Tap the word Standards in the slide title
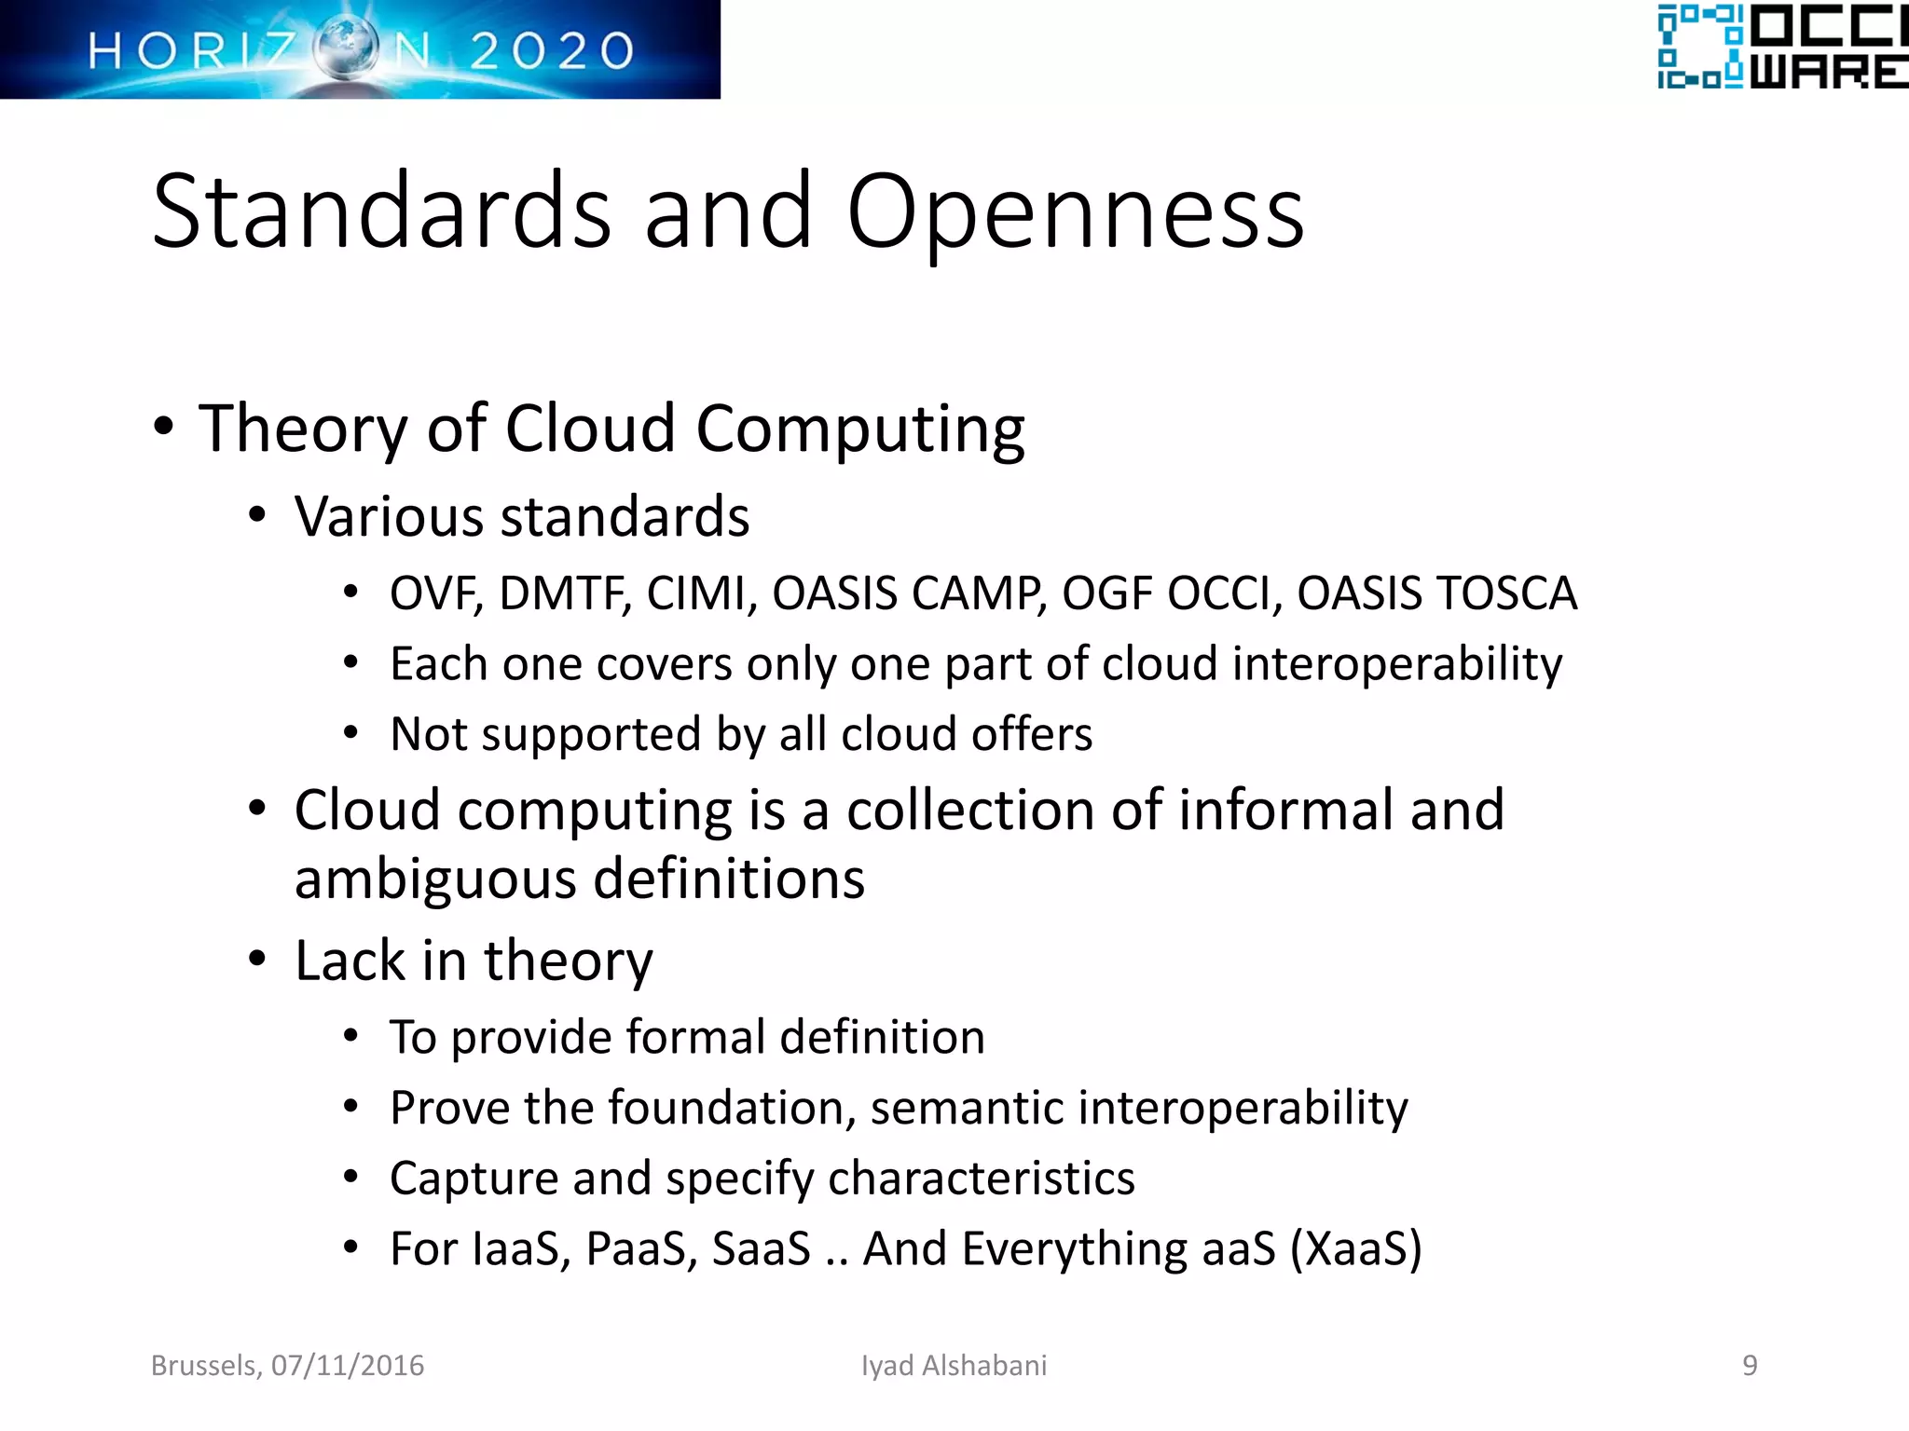click(x=381, y=212)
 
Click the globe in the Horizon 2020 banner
click(x=345, y=48)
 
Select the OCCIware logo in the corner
click(x=1780, y=47)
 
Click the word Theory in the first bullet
click(x=304, y=429)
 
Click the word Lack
click(x=350, y=961)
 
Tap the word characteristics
click(x=981, y=1179)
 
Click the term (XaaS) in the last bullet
click(x=1355, y=1249)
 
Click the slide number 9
click(x=1750, y=1366)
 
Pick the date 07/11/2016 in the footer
click(x=348, y=1366)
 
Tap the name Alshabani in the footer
click(x=984, y=1366)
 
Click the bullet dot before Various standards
click(x=257, y=516)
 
